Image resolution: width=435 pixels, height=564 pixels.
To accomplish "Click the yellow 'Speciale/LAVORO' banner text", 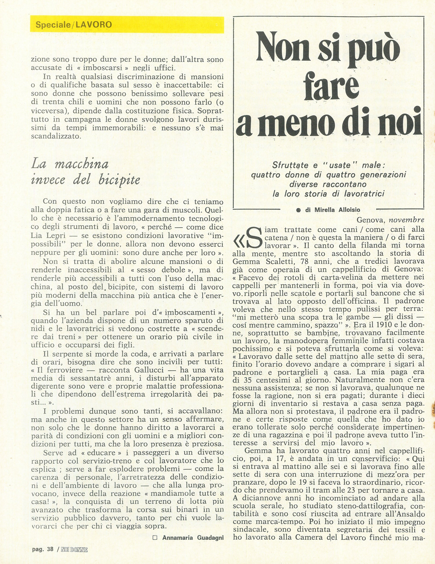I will pyautogui.click(x=74, y=25).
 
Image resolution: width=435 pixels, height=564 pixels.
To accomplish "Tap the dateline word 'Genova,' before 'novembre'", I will pyautogui.click(x=371, y=220).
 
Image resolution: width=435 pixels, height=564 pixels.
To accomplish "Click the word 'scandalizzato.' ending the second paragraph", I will pyautogui.click(x=56, y=136).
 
